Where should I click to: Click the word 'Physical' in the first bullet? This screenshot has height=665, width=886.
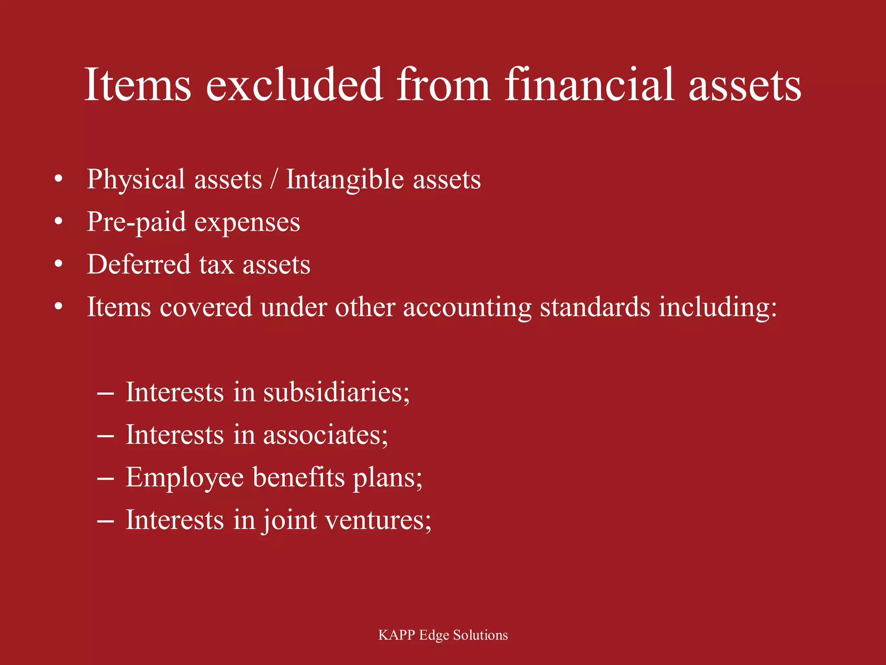[x=136, y=180]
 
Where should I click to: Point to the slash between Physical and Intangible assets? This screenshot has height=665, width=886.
[x=273, y=180]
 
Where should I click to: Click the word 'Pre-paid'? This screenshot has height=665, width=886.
[x=136, y=223]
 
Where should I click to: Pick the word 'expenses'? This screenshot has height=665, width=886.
[x=247, y=223]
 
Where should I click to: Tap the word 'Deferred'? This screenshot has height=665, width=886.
[x=138, y=264]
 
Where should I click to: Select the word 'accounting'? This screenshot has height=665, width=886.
[x=467, y=307]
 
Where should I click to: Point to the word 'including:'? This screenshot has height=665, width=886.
[x=718, y=307]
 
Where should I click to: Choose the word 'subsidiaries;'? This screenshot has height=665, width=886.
[x=336, y=392]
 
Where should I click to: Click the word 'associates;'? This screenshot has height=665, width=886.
[x=325, y=435]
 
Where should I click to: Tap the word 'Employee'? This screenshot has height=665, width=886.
[x=185, y=478]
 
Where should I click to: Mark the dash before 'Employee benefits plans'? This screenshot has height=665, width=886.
[x=106, y=479]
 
